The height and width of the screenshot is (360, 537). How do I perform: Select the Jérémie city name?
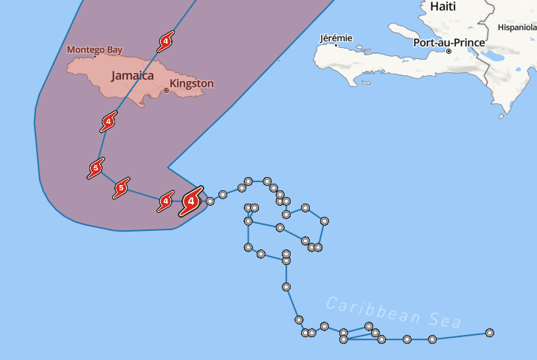coord(336,38)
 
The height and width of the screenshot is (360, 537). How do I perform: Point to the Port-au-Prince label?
coord(449,42)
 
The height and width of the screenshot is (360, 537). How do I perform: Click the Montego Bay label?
coord(94,50)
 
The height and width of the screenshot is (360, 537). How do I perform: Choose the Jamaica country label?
coord(132,75)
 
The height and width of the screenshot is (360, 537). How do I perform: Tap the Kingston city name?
coord(192,83)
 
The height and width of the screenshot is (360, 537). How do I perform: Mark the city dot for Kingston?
coord(166,91)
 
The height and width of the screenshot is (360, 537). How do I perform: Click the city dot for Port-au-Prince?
coord(448,51)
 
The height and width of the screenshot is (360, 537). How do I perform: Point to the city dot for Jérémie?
coord(336,45)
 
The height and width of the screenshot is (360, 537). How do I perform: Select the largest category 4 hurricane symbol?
coord(192,199)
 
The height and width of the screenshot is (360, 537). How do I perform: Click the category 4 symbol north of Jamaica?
coord(165,42)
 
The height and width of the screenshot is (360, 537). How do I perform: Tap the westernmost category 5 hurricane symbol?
coord(95,169)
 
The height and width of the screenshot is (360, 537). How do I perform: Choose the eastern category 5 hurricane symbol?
coord(122,188)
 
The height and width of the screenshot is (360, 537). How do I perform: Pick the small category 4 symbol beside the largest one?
coord(166,201)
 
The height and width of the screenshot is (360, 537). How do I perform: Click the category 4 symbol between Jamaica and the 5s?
coord(109,122)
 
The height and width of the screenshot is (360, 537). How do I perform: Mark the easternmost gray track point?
coord(490,333)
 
